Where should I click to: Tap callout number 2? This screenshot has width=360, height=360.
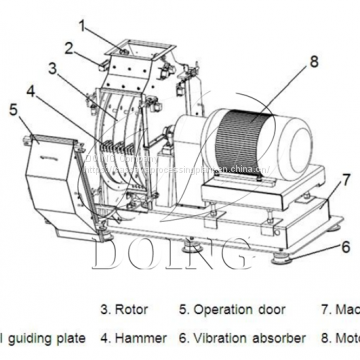click(69, 46)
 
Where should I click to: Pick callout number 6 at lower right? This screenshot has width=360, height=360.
click(345, 246)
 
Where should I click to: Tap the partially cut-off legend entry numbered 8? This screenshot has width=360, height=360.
click(339, 338)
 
